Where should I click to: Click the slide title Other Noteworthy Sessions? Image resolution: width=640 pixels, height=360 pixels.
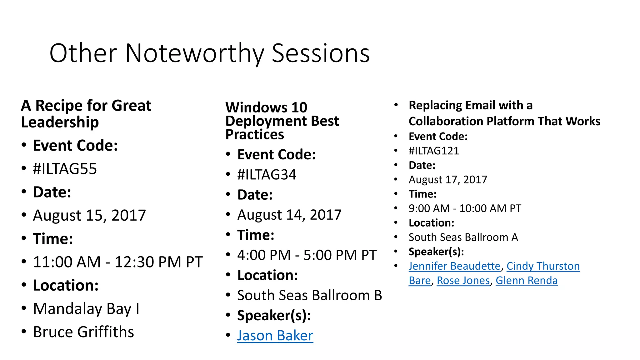click(209, 53)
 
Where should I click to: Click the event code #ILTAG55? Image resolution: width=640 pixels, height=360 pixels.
click(65, 169)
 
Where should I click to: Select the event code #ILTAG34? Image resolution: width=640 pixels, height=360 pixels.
click(267, 175)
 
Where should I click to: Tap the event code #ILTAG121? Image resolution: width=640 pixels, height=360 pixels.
click(434, 151)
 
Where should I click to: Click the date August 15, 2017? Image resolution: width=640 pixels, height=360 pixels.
click(89, 215)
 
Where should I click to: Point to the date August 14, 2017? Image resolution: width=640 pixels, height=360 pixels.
click(289, 215)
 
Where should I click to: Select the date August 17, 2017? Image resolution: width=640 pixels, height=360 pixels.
click(448, 180)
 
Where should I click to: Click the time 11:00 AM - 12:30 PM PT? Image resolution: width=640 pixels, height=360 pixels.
click(118, 262)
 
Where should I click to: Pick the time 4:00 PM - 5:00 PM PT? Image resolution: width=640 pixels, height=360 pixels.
click(307, 255)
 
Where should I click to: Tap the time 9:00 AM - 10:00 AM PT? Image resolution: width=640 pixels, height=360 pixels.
click(465, 208)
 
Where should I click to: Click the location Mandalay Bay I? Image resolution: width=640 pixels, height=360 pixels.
click(86, 309)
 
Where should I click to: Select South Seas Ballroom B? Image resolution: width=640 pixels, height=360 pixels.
click(309, 296)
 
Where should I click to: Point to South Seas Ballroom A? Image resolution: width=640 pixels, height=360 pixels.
click(463, 237)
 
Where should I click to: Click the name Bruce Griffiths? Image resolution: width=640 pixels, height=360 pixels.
click(83, 332)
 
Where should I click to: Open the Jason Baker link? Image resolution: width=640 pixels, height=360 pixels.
click(275, 336)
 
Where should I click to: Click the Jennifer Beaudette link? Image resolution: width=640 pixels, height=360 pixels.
click(454, 266)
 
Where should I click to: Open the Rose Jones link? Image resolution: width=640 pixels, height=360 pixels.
click(463, 281)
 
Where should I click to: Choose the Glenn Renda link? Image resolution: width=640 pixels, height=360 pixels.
click(527, 281)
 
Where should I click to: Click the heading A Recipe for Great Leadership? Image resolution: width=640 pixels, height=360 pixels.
click(86, 114)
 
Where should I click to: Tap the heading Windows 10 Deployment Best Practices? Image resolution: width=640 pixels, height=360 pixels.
click(282, 121)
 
